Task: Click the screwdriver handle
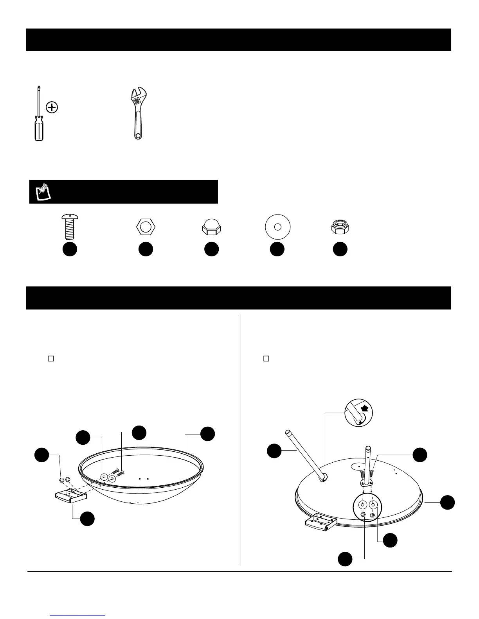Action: point(38,129)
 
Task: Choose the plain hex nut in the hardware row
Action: point(146,227)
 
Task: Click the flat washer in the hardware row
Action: point(277,227)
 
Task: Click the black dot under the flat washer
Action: point(277,250)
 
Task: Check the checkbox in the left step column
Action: point(50,358)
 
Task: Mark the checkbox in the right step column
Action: point(266,358)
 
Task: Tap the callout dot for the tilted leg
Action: point(274,451)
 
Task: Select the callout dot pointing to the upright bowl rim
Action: point(207,434)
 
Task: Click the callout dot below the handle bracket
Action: point(87,519)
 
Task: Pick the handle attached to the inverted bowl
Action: point(319,524)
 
